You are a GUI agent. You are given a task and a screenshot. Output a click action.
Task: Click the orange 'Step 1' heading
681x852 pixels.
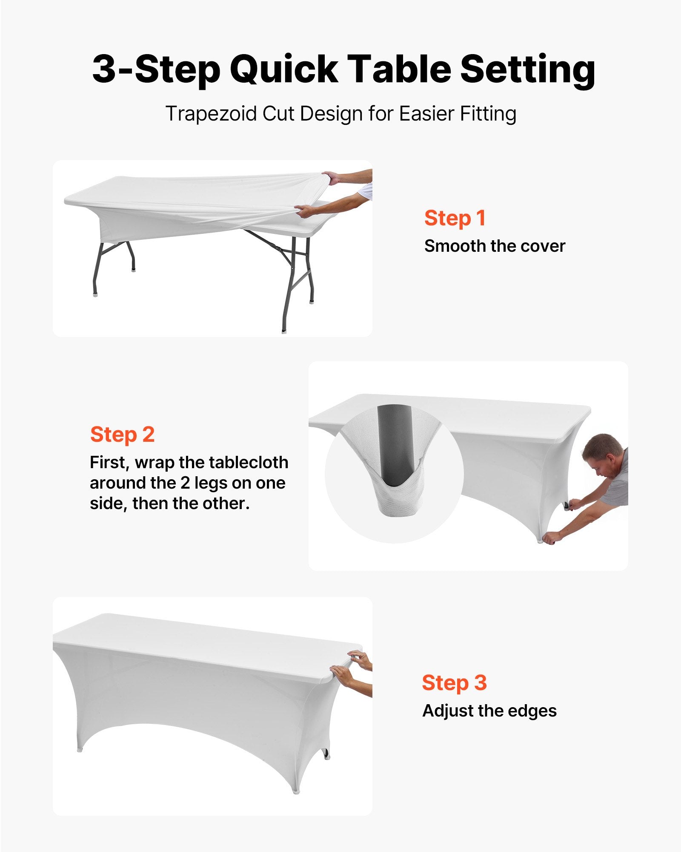coord(455,218)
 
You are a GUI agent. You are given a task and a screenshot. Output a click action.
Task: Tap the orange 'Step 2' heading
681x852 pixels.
coord(122,435)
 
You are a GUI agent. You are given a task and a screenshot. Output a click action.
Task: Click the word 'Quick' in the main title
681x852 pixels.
coord(284,69)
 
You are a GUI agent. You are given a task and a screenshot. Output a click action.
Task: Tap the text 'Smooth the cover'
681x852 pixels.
coord(495,246)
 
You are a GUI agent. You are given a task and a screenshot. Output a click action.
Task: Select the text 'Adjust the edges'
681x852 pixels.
coord(489,711)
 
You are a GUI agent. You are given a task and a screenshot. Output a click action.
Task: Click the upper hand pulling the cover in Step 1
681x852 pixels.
coord(333,177)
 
